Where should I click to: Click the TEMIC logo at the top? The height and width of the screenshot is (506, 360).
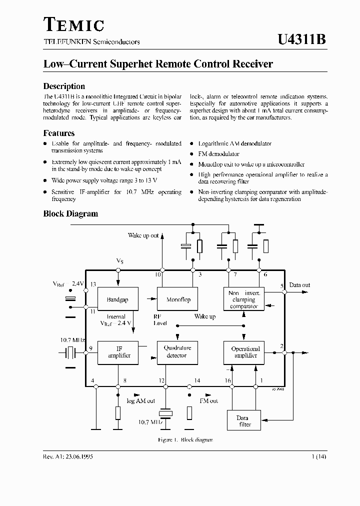pyautogui.click(x=73, y=24)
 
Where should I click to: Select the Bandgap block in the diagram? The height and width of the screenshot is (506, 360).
pyautogui.click(x=118, y=299)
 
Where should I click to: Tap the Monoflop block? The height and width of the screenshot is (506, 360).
pyautogui.click(x=178, y=299)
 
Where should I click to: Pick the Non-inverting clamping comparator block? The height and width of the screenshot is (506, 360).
pyautogui.click(x=244, y=299)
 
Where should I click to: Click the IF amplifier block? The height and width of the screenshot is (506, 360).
pyautogui.click(x=118, y=352)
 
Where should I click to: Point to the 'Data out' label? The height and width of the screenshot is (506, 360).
pyautogui.click(x=299, y=285)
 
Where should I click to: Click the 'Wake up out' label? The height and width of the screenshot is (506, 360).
pyautogui.click(x=143, y=235)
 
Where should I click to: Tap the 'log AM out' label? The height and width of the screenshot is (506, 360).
pyautogui.click(x=140, y=401)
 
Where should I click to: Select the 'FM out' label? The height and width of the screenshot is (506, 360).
pyautogui.click(x=208, y=401)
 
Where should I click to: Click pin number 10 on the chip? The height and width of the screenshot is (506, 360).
pyautogui.click(x=157, y=274)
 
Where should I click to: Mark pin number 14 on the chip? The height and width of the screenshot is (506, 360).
pyautogui.click(x=197, y=381)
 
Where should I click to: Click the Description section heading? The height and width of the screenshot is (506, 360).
pyautogui.click(x=64, y=86)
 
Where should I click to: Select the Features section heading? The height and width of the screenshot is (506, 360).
pyautogui.click(x=59, y=133)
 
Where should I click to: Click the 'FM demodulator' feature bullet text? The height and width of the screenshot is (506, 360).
pyautogui.click(x=218, y=154)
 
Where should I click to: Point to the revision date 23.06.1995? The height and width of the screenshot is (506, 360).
pyautogui.click(x=75, y=457)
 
